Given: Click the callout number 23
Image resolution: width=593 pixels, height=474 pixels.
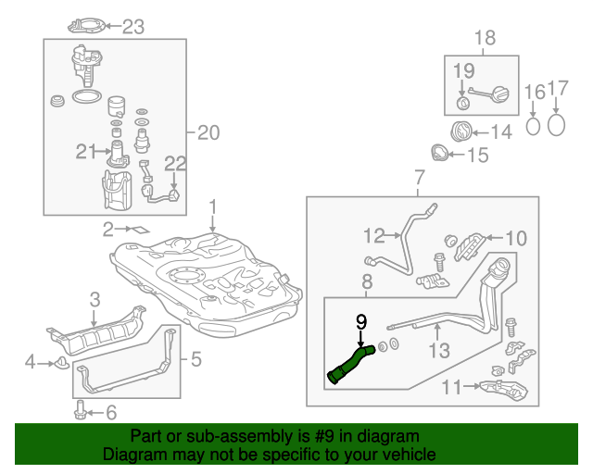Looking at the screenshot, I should click(x=134, y=27).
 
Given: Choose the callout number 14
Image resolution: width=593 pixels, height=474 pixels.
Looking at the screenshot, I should click(x=501, y=132).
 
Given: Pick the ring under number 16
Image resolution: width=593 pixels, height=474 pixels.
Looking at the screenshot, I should click(x=534, y=124).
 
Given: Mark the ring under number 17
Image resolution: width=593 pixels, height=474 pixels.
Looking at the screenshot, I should click(x=556, y=123).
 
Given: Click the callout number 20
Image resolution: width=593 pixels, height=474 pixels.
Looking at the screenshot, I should click(x=208, y=133).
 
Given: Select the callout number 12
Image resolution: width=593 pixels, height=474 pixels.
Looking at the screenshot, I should click(x=373, y=234).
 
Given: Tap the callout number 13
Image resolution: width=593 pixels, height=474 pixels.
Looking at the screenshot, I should click(x=438, y=349).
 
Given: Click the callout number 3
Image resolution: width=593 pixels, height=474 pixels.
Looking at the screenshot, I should click(x=95, y=298).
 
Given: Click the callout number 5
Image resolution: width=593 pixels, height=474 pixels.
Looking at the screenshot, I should click(x=196, y=358).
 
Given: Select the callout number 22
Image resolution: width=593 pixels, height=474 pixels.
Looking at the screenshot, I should click(x=176, y=164).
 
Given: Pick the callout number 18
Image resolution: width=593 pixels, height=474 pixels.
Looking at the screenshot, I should click(x=486, y=38).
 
